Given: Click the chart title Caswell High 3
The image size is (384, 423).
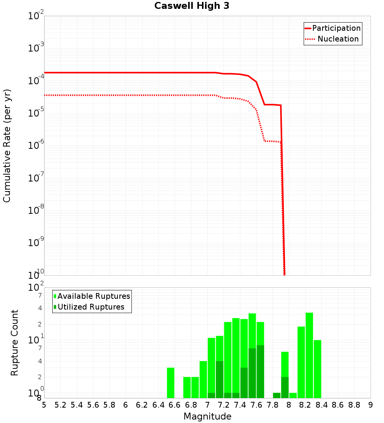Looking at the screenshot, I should [192, 6].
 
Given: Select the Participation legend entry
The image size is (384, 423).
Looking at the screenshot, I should [336, 28].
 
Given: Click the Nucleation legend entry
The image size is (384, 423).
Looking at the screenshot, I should [338, 39].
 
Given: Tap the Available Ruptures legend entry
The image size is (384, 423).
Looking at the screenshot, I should [93, 296].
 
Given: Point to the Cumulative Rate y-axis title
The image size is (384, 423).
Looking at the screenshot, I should [7, 145].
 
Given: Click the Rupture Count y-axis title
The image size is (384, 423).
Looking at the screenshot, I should [15, 343].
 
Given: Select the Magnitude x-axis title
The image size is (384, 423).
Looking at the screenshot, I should [207, 416].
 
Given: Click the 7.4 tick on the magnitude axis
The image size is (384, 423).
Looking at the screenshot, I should [240, 405].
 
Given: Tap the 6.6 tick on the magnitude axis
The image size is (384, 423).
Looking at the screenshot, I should [175, 405].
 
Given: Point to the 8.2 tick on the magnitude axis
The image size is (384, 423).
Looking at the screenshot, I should [305, 405].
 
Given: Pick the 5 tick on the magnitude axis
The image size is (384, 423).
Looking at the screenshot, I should [44, 405].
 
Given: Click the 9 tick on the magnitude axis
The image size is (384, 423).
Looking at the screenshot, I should [371, 405].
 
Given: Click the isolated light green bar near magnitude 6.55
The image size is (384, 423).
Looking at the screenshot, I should [171, 383].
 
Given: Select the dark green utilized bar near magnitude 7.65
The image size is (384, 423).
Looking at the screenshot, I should [260, 371].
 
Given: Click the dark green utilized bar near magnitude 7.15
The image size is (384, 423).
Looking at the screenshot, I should [220, 380].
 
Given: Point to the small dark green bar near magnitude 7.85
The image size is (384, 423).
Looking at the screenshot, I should [277, 395].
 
